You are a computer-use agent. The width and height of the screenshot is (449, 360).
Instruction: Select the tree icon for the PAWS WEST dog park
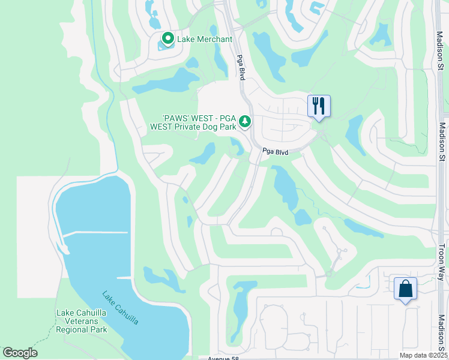(x=245, y=122)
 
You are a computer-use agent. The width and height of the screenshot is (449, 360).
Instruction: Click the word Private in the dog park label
(x=188, y=127)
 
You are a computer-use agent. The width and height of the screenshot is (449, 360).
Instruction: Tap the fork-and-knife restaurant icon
(x=319, y=106)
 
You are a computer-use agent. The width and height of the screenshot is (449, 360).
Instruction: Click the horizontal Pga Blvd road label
(x=276, y=152)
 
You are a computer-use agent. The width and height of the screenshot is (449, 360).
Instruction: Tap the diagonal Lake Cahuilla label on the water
(x=120, y=308)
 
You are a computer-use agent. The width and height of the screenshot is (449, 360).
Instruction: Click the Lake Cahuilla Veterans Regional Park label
(x=82, y=321)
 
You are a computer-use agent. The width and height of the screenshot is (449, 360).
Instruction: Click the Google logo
(x=20, y=353)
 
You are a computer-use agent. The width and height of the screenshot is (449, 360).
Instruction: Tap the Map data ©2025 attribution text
(x=423, y=355)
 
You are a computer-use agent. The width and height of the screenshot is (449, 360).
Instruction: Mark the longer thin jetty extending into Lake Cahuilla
(x=95, y=233)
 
